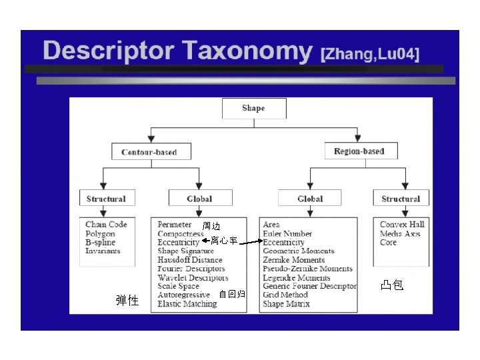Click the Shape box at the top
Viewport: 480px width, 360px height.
pos(253,109)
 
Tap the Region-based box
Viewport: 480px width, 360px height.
pos(359,151)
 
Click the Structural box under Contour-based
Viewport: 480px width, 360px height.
pos(106,199)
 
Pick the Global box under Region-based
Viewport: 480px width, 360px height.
pos(310,199)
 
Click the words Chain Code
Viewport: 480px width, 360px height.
pos(106,225)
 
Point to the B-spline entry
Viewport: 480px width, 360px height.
pos(101,243)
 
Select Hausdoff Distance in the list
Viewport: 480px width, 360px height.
pos(190,260)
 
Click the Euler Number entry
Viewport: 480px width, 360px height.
pos(287,234)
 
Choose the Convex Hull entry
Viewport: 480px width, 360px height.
pos(402,225)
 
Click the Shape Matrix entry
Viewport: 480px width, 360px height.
pos(286,304)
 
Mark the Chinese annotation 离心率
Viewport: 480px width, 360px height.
pos(224,241)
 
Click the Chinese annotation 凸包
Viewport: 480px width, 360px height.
pos(391,285)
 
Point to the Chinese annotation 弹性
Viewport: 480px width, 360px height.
pos(127,301)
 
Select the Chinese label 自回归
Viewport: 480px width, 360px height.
pos(232,294)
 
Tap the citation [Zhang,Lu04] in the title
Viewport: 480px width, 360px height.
pos(370,54)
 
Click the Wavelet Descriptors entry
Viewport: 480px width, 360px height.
pos(193,278)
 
